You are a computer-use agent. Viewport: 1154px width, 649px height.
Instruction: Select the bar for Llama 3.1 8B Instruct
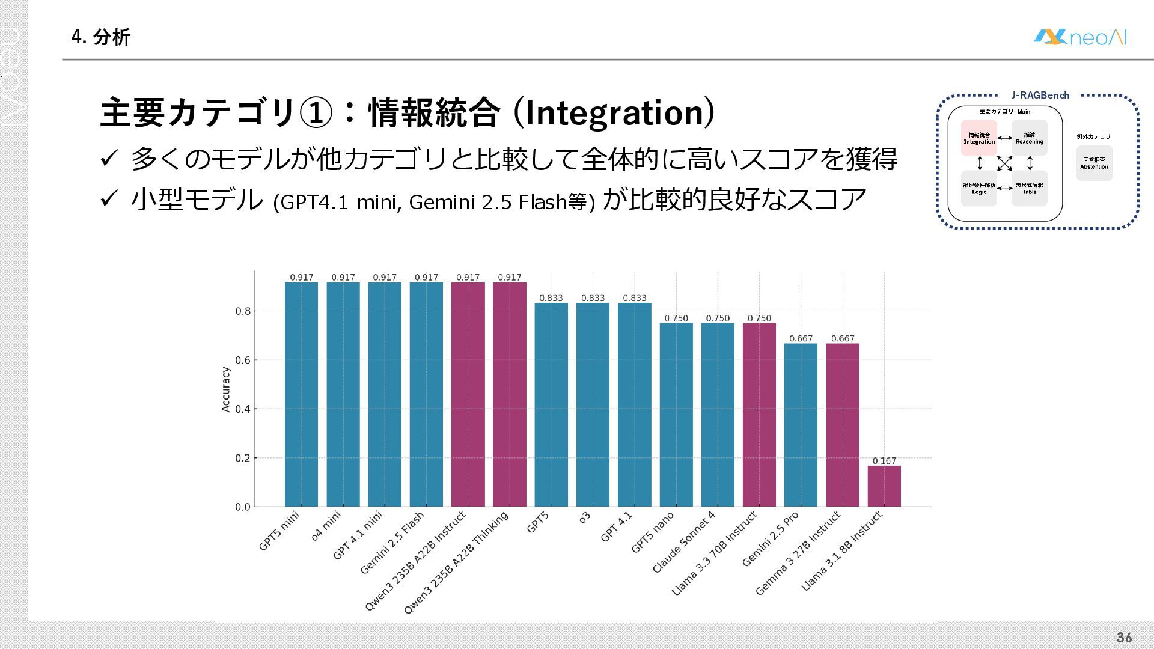[x=884, y=486]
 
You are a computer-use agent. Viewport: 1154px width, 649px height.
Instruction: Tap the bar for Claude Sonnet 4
[x=718, y=415]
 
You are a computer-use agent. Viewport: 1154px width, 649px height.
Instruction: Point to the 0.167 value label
[x=884, y=461]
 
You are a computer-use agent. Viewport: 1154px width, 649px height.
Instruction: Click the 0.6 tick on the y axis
[x=243, y=360]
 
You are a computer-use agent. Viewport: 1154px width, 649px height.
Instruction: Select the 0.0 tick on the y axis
[x=243, y=507]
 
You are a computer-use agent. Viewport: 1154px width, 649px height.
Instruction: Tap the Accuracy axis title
[x=226, y=389]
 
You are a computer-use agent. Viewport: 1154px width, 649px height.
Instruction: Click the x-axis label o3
[x=585, y=517]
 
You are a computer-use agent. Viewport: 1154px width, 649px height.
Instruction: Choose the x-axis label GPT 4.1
[x=617, y=526]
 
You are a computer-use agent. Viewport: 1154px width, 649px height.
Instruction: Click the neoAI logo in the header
[x=1080, y=37]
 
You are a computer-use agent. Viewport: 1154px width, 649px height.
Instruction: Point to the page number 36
[x=1124, y=638]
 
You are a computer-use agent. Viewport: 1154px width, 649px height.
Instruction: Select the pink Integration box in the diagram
[x=979, y=138]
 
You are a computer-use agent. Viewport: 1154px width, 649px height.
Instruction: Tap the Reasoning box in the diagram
[x=1030, y=138]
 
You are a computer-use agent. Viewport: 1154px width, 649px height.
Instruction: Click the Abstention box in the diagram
[x=1094, y=163]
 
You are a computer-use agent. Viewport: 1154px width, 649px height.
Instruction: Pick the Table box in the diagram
[x=1030, y=189]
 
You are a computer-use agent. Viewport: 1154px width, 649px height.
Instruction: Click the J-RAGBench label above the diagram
[x=1040, y=95]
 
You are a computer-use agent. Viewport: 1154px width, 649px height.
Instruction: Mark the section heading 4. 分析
[x=100, y=37]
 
